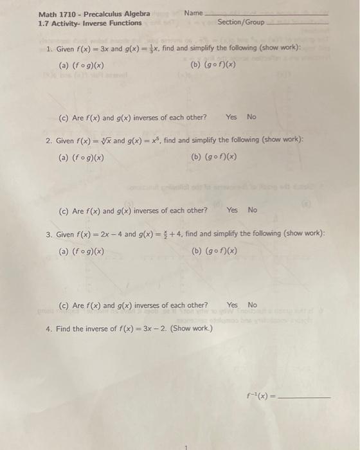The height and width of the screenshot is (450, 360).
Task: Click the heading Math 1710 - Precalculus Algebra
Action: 94,14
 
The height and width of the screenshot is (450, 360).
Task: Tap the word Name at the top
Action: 193,13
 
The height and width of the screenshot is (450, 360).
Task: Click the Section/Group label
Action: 241,22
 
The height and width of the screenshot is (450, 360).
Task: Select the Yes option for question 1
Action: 231,117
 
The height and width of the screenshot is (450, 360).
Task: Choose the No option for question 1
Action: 251,117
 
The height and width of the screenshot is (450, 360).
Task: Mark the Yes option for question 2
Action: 232,210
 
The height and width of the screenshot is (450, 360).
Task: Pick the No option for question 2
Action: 252,210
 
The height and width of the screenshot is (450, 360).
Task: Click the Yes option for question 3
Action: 232,305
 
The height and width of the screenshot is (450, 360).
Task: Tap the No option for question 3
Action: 253,305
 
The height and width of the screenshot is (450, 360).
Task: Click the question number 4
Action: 49,328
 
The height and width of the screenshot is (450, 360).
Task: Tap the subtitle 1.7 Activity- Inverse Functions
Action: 90,23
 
